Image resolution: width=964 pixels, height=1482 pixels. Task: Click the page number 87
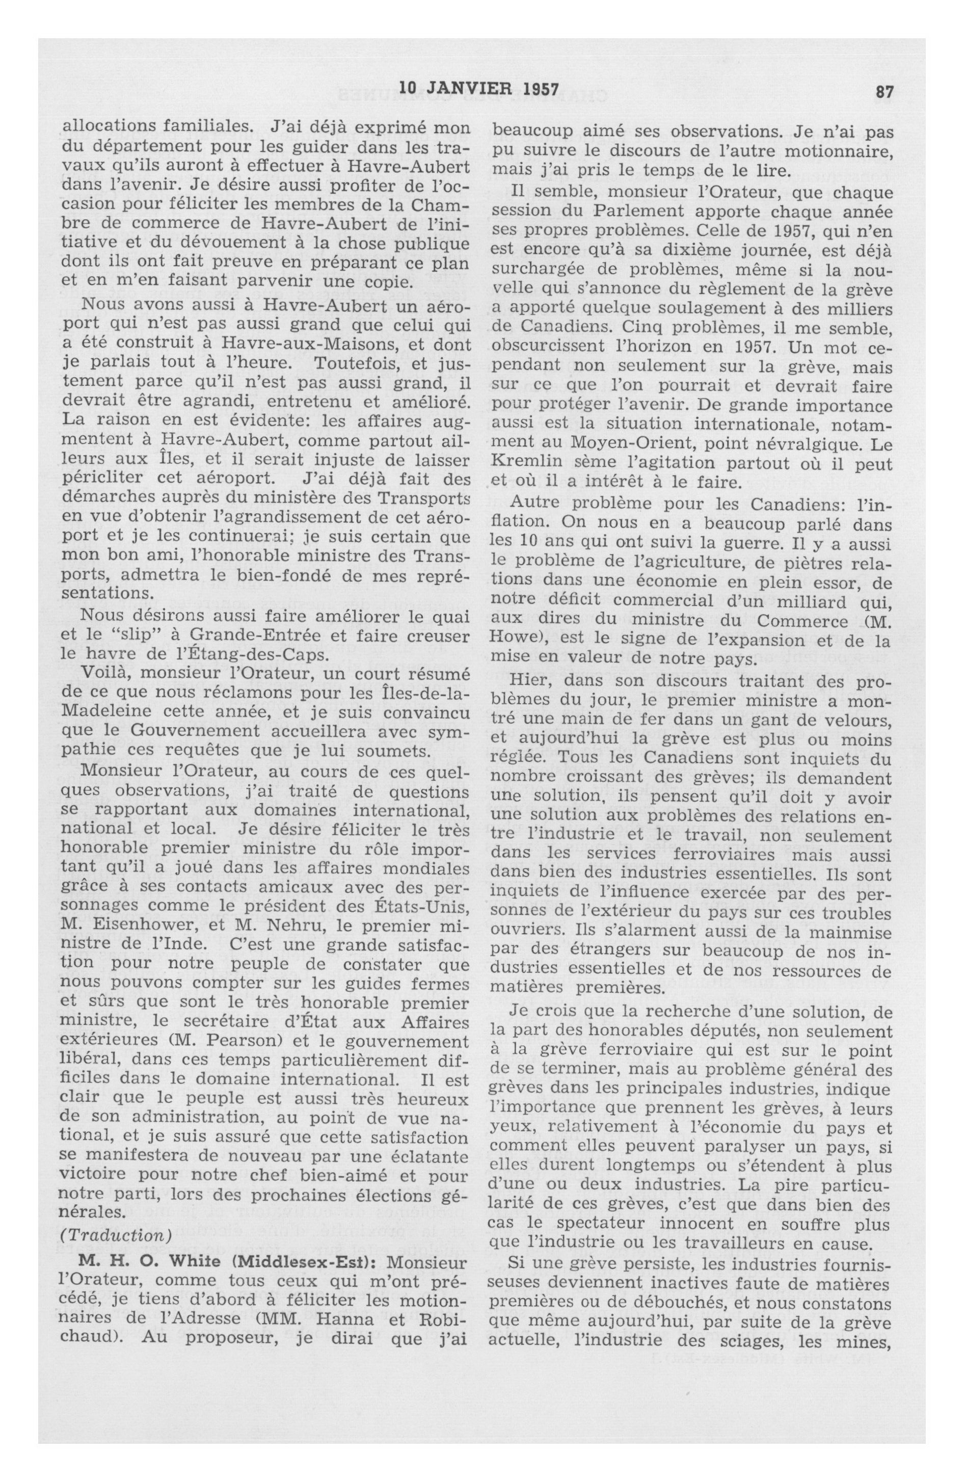point(885,92)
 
